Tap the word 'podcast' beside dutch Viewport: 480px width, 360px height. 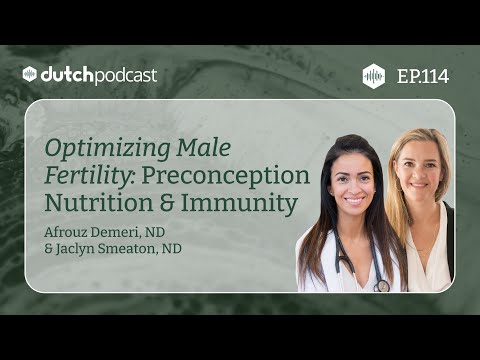click(x=124, y=75)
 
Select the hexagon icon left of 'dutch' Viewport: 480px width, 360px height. click(x=31, y=75)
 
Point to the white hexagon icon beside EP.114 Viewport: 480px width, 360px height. click(x=373, y=75)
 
